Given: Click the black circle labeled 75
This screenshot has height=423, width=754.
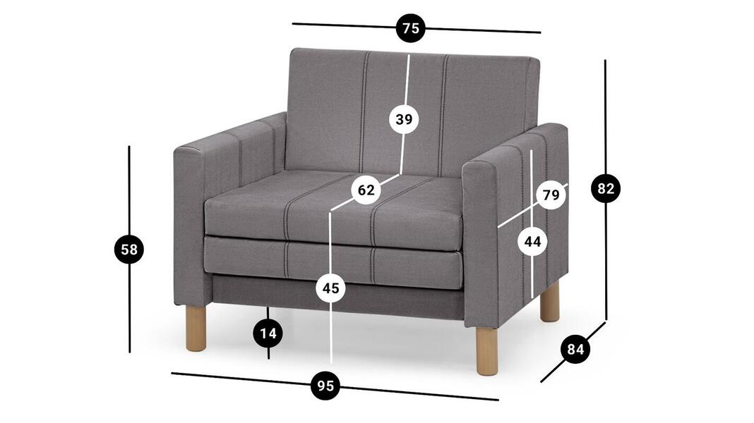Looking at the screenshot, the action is coord(411,28).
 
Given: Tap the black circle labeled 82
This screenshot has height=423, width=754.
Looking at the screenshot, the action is coord(606,189).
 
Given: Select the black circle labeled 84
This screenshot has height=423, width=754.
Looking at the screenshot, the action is coord(575,349).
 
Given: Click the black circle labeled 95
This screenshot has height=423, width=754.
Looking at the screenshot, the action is coord(325,386).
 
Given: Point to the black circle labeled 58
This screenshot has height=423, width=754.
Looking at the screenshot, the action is coord(129,250).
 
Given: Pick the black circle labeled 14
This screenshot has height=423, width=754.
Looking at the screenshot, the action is coord(268,333).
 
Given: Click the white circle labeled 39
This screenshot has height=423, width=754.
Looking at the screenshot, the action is coord(404,119).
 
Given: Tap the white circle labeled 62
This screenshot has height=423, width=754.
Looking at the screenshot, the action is coord(366,190).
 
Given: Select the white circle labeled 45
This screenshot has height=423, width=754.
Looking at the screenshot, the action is coord(331,288).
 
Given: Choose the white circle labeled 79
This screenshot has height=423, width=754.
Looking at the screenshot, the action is coord(551,195).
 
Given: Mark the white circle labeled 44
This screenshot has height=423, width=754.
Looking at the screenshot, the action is coord(533,242).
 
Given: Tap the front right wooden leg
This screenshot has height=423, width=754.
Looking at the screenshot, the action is coord(487,350).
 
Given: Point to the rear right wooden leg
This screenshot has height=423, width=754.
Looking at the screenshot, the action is coord(550,302).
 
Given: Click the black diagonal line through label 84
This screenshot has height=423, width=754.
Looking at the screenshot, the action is coord(573,352).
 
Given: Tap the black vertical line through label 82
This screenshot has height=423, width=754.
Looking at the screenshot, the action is coord(606,190).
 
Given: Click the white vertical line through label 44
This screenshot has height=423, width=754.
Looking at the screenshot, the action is coord(532,223).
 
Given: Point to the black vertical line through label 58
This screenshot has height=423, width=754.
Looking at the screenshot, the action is coord(129,249).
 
